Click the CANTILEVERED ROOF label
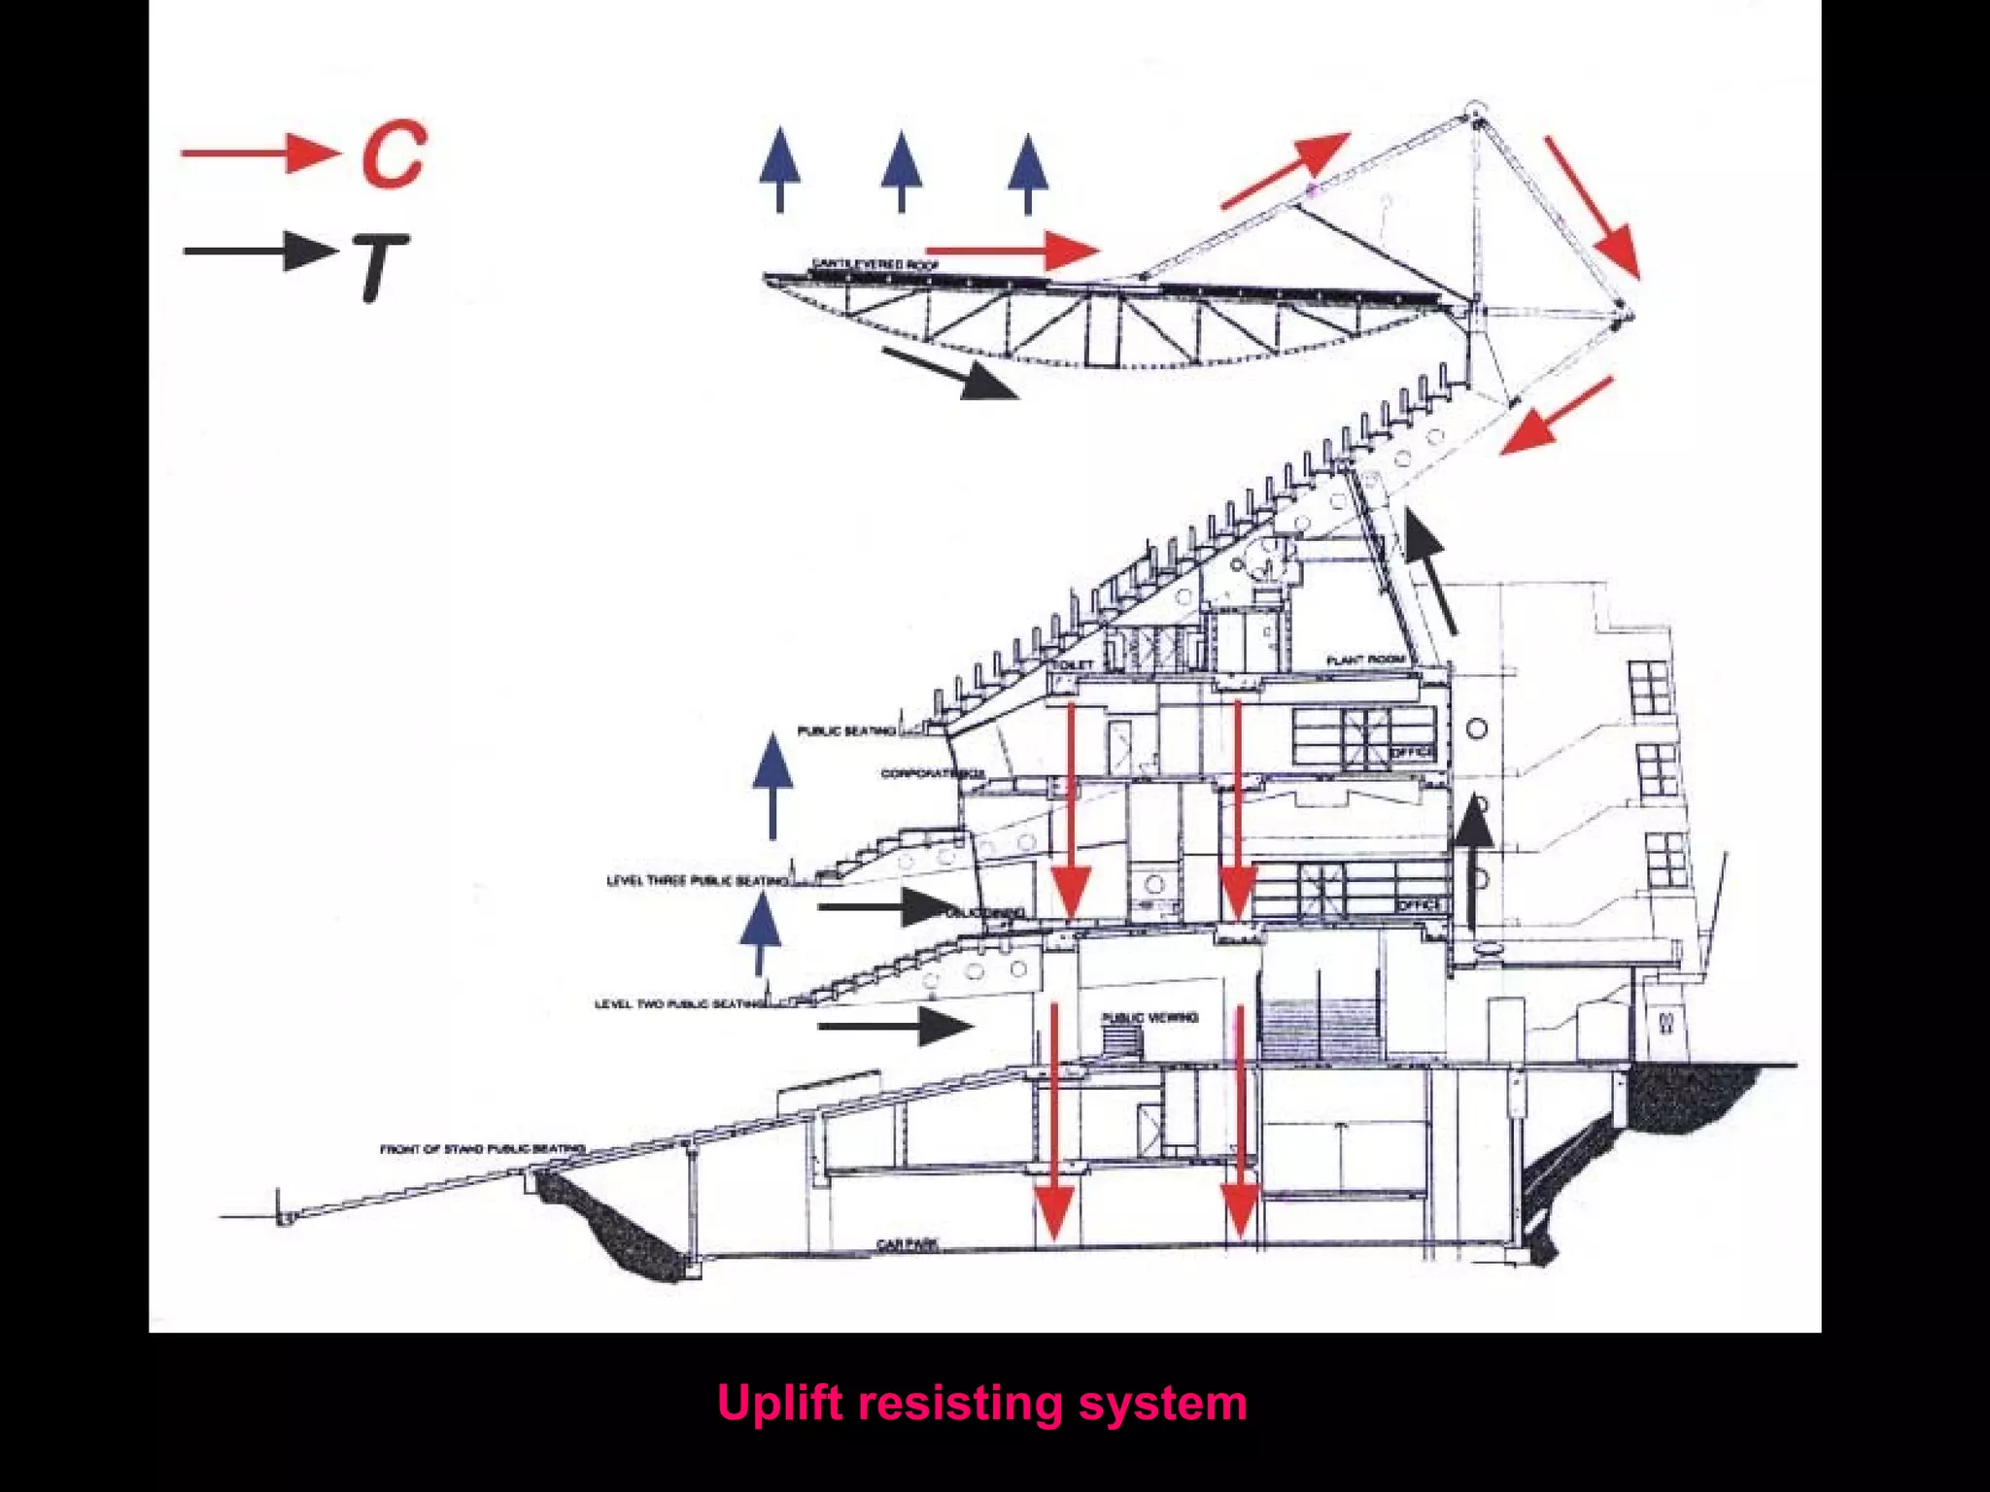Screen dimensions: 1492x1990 coord(875,264)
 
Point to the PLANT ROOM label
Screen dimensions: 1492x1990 coord(1365,661)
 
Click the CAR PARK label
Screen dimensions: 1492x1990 coord(906,1244)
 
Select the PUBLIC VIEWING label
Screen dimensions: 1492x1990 coord(1149,1017)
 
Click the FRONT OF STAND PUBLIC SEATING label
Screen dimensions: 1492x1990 coord(482,1149)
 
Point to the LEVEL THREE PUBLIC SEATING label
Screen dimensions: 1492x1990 coord(697,881)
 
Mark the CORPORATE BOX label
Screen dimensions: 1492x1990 coord(932,774)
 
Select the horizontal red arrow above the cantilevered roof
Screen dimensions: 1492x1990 coord(1012,250)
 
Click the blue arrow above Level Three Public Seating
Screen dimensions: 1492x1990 coord(772,786)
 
